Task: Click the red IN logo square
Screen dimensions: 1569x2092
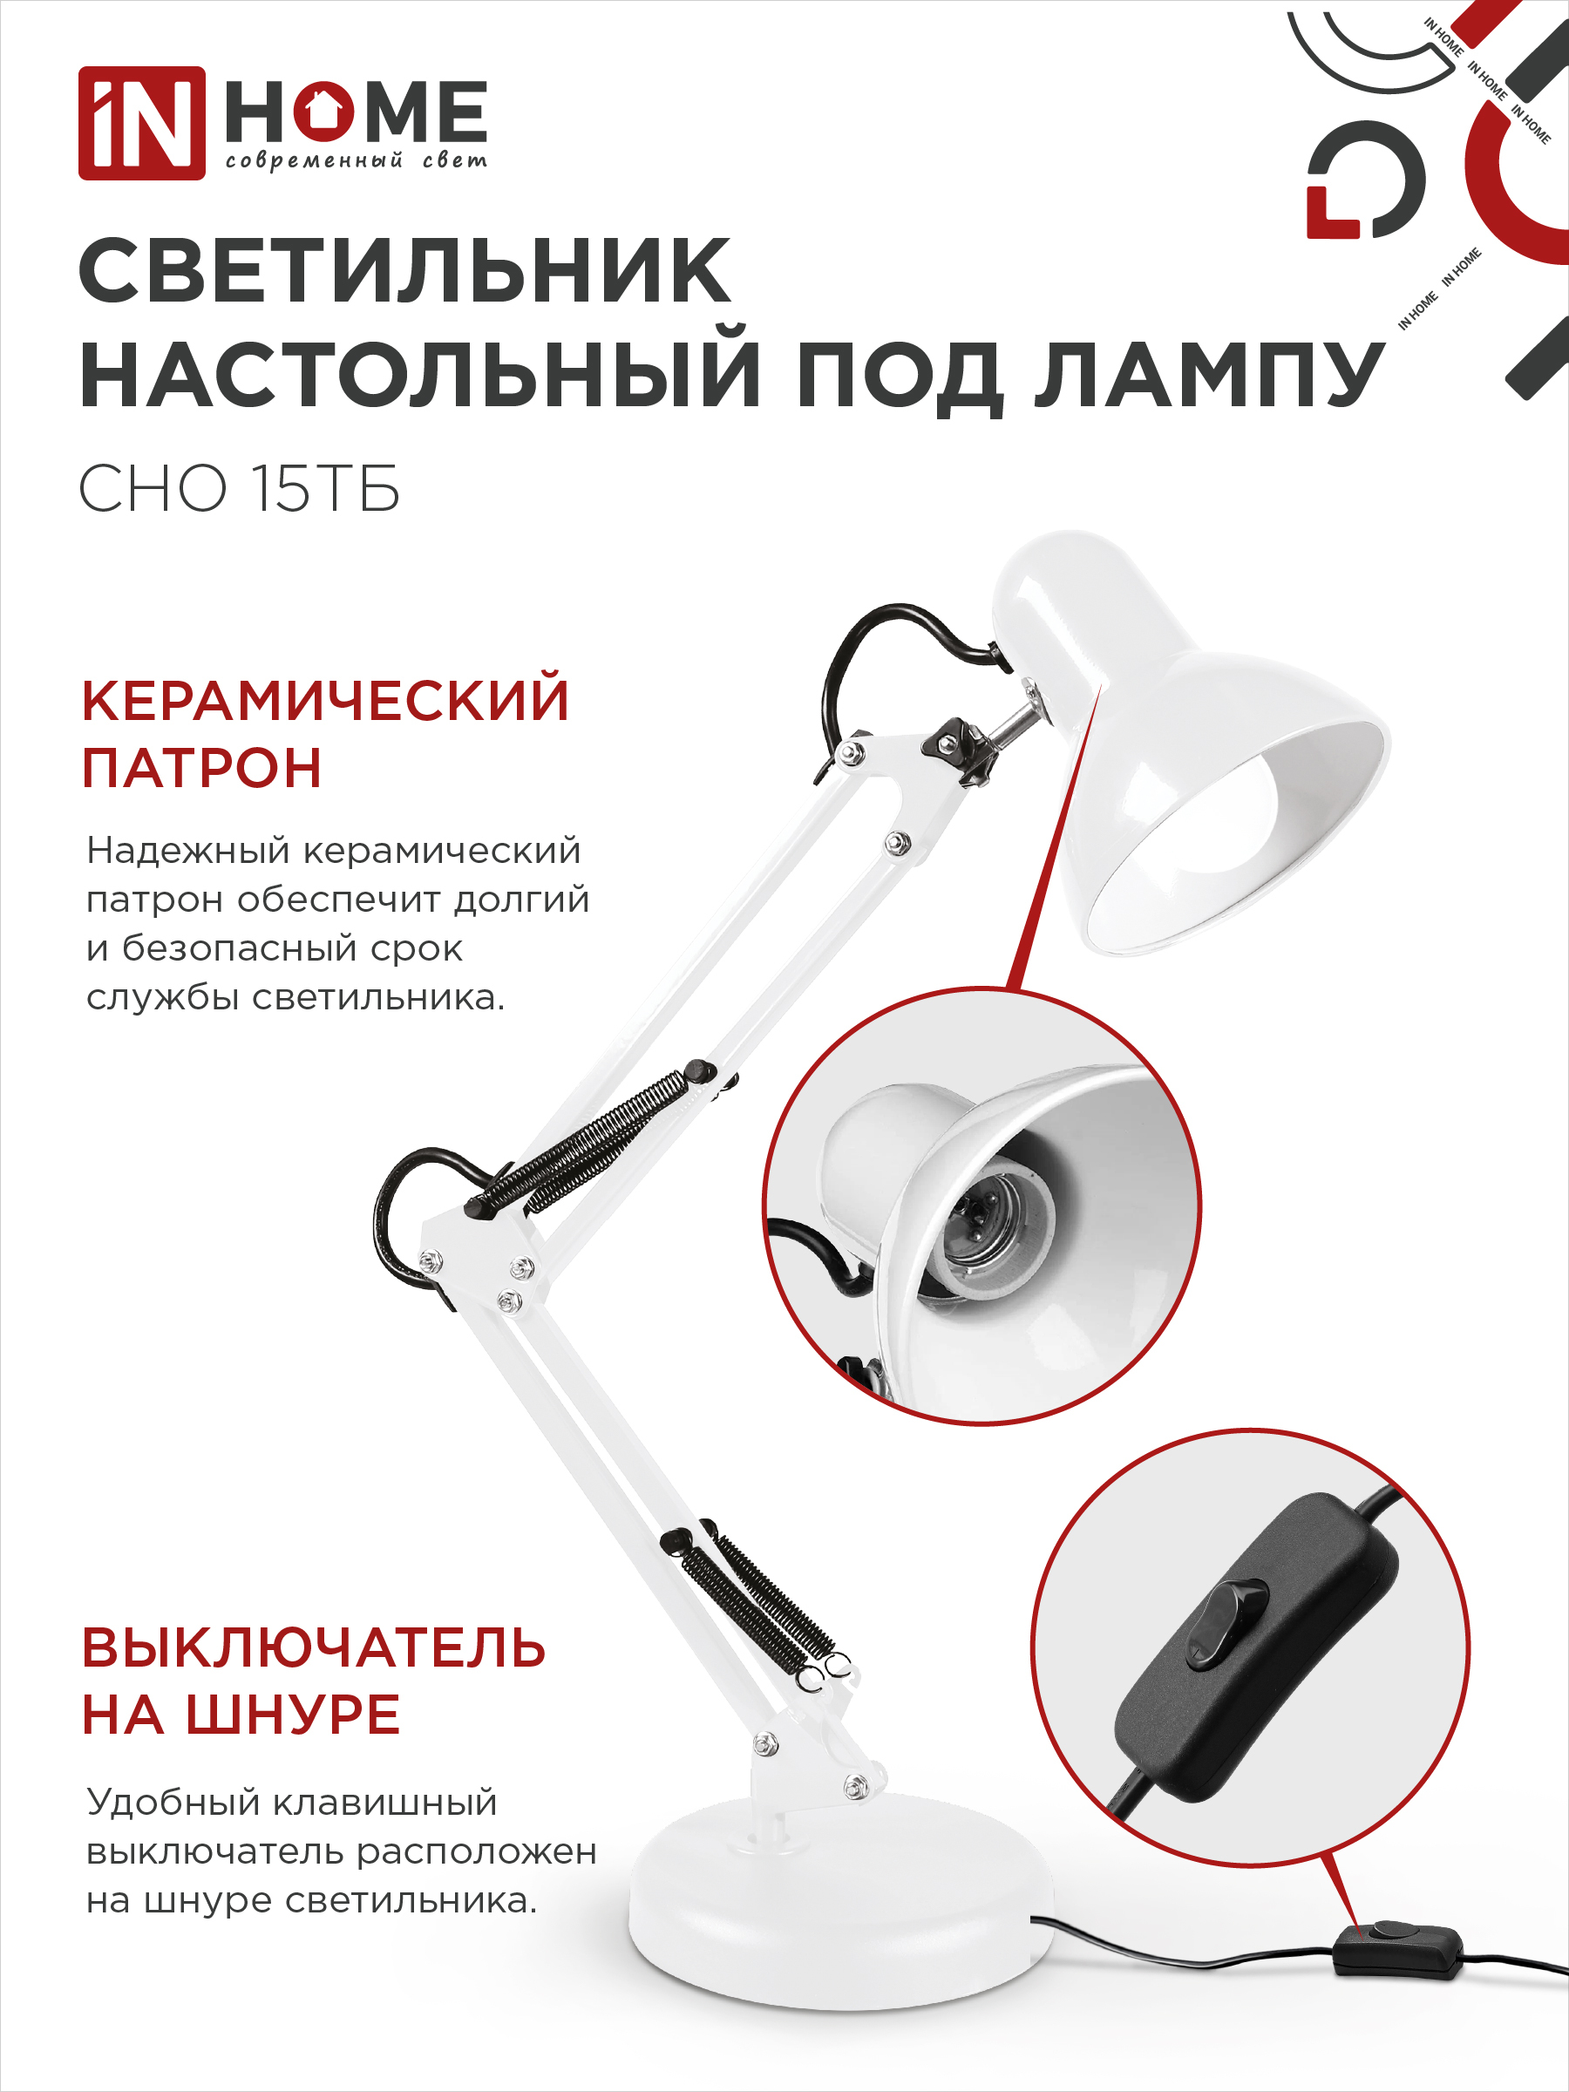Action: coord(142,123)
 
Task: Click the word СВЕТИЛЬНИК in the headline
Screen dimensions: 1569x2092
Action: coord(405,271)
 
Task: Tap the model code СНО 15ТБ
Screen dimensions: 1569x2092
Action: coord(240,489)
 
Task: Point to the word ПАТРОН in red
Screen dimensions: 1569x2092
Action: coord(202,767)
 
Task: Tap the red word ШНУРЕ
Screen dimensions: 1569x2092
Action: coord(293,1715)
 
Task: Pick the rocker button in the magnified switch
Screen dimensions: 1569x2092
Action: coord(1226,1622)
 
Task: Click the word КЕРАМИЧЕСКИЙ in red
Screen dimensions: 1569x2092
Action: coord(325,700)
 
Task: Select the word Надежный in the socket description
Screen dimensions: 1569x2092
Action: coord(188,851)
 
